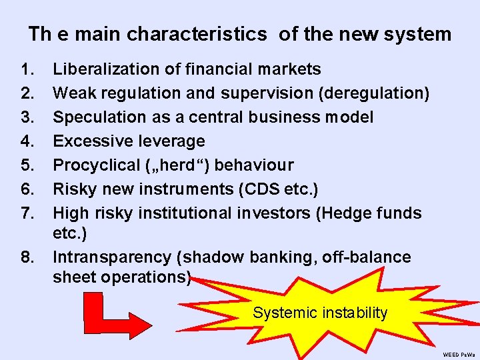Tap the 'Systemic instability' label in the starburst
click(x=320, y=313)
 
